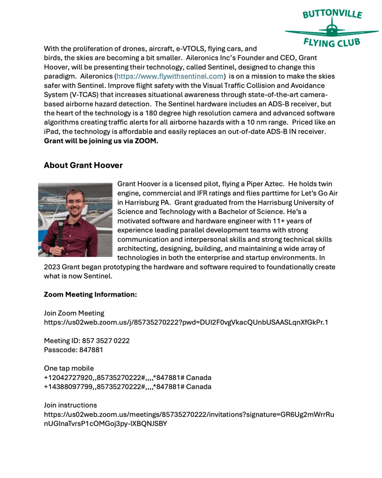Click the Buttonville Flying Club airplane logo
click(x=332, y=29)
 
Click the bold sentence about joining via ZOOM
click(x=101, y=141)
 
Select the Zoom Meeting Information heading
click(x=90, y=295)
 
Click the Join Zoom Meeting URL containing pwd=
click(x=186, y=322)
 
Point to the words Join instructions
click(x=71, y=405)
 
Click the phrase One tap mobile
click(x=69, y=368)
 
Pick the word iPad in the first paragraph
click(x=52, y=132)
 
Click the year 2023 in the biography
click(x=53, y=267)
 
